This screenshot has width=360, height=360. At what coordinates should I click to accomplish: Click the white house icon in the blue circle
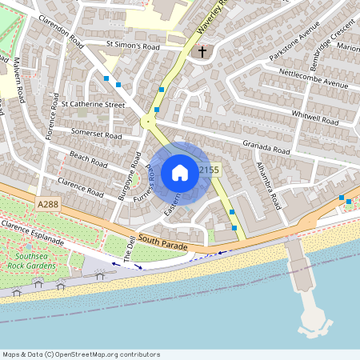[180, 172]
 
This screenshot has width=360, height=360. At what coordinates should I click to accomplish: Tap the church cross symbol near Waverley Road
[202, 53]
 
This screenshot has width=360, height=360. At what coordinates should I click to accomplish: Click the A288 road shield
[48, 206]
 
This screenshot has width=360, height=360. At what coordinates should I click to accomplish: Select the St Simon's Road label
[134, 46]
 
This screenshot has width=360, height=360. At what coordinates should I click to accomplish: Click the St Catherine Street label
[93, 104]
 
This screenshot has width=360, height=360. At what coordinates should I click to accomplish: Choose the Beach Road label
[88, 158]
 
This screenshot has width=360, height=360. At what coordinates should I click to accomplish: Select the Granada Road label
[268, 150]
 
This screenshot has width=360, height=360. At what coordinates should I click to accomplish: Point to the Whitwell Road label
[314, 118]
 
